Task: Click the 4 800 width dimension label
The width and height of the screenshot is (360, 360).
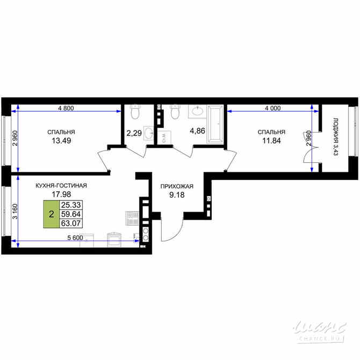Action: [x=66, y=108]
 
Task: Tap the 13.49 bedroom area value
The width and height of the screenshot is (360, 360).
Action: [x=61, y=141]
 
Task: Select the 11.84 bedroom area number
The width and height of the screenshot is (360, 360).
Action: [x=271, y=141]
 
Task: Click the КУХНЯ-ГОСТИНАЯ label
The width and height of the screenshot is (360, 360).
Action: [x=61, y=185]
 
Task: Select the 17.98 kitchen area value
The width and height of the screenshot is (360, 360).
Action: [x=61, y=195]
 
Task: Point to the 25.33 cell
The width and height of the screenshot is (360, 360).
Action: [x=71, y=205]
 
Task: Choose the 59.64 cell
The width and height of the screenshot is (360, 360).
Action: [x=71, y=214]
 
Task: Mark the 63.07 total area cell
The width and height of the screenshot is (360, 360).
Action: [x=71, y=224]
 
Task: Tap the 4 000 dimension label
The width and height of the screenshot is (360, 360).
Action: [x=272, y=108]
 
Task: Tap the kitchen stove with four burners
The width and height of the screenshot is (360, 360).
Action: [x=132, y=218]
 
